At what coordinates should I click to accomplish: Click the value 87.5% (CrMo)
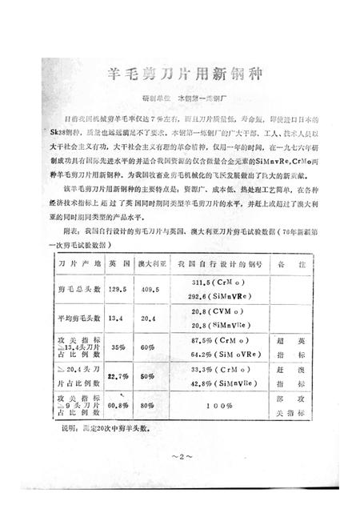222,340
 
